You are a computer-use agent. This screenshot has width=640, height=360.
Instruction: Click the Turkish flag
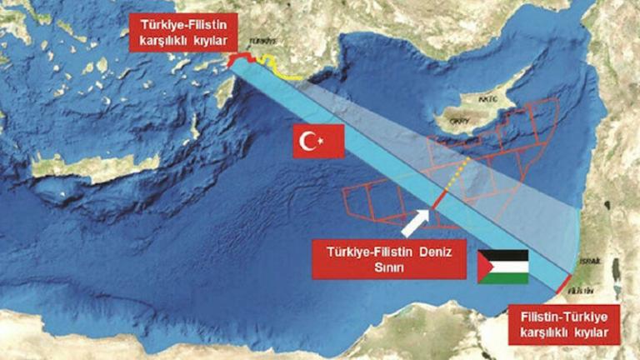(x=318, y=142)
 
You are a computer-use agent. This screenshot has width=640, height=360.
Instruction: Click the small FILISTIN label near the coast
(x=582, y=291)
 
